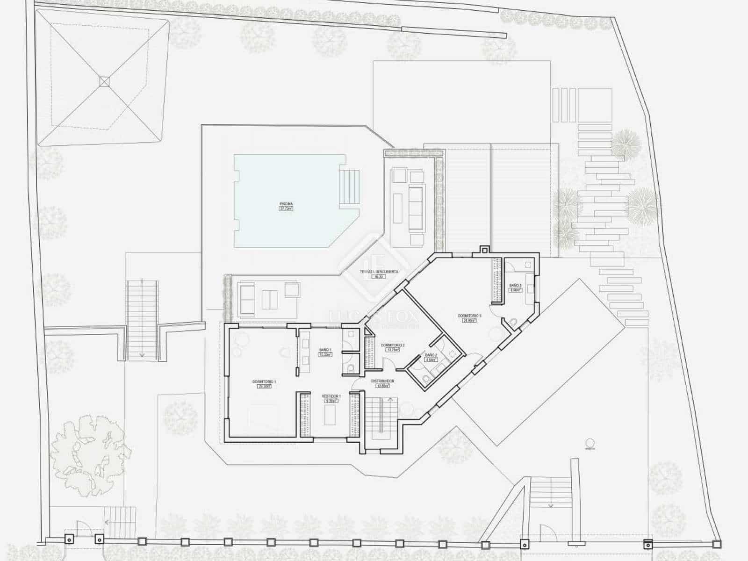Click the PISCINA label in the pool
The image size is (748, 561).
coord(286,204)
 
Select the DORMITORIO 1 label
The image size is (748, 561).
coord(264,382)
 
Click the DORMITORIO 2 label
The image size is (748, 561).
coord(393,345)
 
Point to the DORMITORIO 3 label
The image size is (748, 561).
coord(469,316)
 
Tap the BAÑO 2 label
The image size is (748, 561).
coord(431,355)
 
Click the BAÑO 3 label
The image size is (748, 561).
coord(515,285)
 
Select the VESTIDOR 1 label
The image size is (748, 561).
coord(330,396)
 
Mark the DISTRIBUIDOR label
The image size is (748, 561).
coord(382,381)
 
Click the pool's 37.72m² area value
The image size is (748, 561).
coord(286,209)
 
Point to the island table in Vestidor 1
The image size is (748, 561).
coord(330,415)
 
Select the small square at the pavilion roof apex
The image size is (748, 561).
coord(104,81)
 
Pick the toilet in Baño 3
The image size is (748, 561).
coord(512,323)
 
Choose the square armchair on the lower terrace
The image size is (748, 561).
coord(291,289)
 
